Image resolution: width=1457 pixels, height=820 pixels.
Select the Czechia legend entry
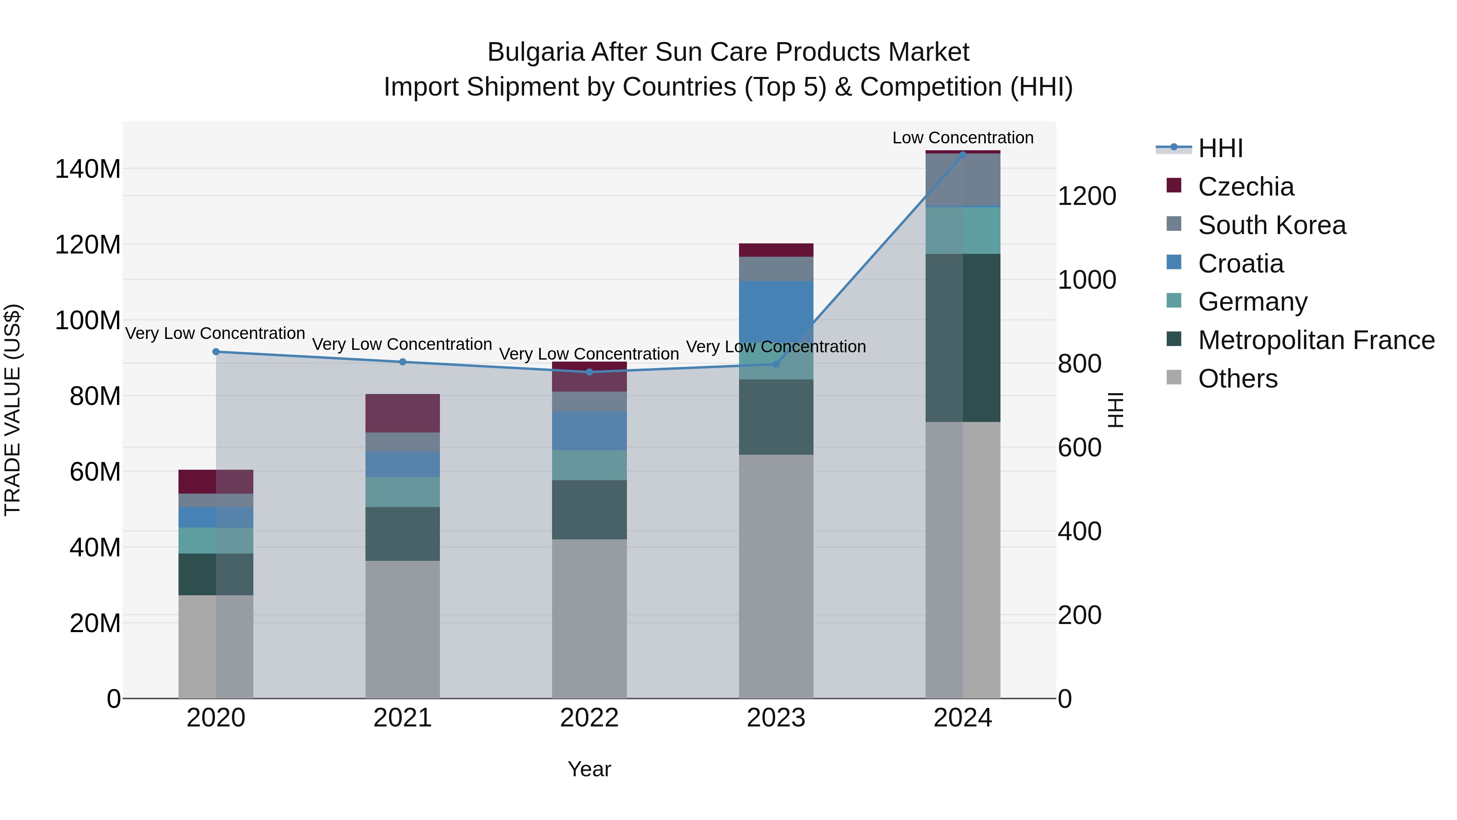coord(1245,187)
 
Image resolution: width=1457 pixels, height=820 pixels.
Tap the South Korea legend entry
coord(1272,225)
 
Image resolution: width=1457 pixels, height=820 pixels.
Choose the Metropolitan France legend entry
coord(1316,340)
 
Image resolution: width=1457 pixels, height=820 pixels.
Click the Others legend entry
coord(1238,379)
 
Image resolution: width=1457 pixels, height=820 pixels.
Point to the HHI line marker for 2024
coord(963,155)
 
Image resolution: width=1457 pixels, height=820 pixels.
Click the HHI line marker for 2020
coord(215,352)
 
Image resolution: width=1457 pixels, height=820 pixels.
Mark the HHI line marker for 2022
coord(589,372)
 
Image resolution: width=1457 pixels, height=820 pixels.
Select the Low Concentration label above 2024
coord(963,138)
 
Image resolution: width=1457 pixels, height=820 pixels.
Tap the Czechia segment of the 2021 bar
coord(402,413)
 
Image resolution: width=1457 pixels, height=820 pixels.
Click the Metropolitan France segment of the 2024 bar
coord(963,337)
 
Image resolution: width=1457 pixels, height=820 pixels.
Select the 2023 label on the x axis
coord(776,718)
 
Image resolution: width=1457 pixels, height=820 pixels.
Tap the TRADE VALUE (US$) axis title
coord(13,410)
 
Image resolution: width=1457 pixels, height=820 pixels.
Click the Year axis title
coord(589,769)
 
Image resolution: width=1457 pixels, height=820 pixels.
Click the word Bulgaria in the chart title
coord(535,52)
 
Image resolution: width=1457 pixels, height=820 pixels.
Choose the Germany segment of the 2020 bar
coord(215,541)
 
